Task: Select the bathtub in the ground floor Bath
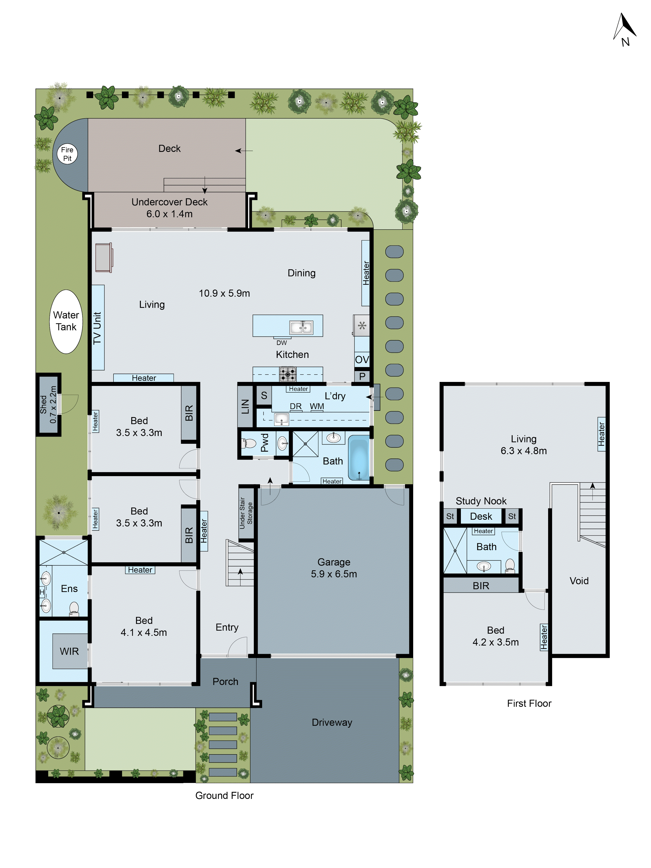click(x=359, y=458)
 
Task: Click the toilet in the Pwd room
click(x=249, y=443)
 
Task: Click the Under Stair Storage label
click(x=246, y=513)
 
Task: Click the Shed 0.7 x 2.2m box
click(x=48, y=404)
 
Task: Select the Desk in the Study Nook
click(x=481, y=516)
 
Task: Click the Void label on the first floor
click(x=579, y=580)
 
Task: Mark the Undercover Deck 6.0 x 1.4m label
click(x=169, y=208)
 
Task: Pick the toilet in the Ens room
click(x=74, y=609)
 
